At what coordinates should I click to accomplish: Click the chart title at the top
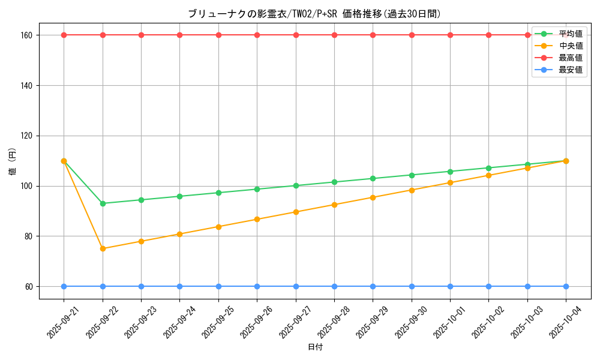click(314, 14)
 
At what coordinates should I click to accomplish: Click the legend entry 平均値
click(570, 34)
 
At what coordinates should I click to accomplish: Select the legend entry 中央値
click(570, 46)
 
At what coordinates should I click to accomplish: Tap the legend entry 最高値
click(570, 58)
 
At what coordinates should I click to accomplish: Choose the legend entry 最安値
click(570, 70)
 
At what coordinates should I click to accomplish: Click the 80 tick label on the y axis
click(28, 236)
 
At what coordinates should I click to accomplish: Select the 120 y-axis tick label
click(26, 136)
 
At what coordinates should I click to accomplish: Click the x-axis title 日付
click(315, 347)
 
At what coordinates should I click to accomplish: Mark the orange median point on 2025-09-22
click(103, 248)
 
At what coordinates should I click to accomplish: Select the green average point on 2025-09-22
click(103, 203)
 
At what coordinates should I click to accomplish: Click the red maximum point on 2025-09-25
click(218, 35)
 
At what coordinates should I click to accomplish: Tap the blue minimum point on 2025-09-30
click(412, 286)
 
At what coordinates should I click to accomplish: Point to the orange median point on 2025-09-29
click(373, 197)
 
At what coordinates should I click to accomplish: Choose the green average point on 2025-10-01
click(450, 172)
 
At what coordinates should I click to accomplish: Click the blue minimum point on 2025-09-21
click(64, 286)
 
